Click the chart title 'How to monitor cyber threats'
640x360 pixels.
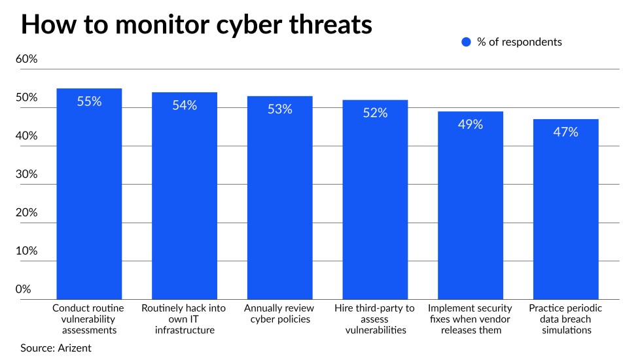click(x=197, y=24)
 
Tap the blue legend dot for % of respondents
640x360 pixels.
click(x=466, y=42)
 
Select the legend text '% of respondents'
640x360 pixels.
click(x=519, y=42)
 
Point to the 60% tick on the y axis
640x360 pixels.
click(x=27, y=59)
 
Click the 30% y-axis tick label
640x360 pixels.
click(x=27, y=174)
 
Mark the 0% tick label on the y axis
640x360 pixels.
click(x=24, y=289)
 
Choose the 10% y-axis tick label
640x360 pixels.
click(x=27, y=251)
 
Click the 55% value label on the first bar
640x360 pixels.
click(x=89, y=101)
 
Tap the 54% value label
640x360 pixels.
click(x=185, y=105)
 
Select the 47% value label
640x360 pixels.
click(x=565, y=132)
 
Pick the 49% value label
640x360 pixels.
click(x=470, y=124)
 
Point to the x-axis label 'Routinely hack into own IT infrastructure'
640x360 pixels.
click(x=185, y=319)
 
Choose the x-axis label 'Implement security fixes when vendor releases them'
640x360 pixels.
click(x=471, y=319)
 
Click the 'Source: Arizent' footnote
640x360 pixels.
click(x=56, y=348)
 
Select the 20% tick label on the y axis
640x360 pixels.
click(x=27, y=213)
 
